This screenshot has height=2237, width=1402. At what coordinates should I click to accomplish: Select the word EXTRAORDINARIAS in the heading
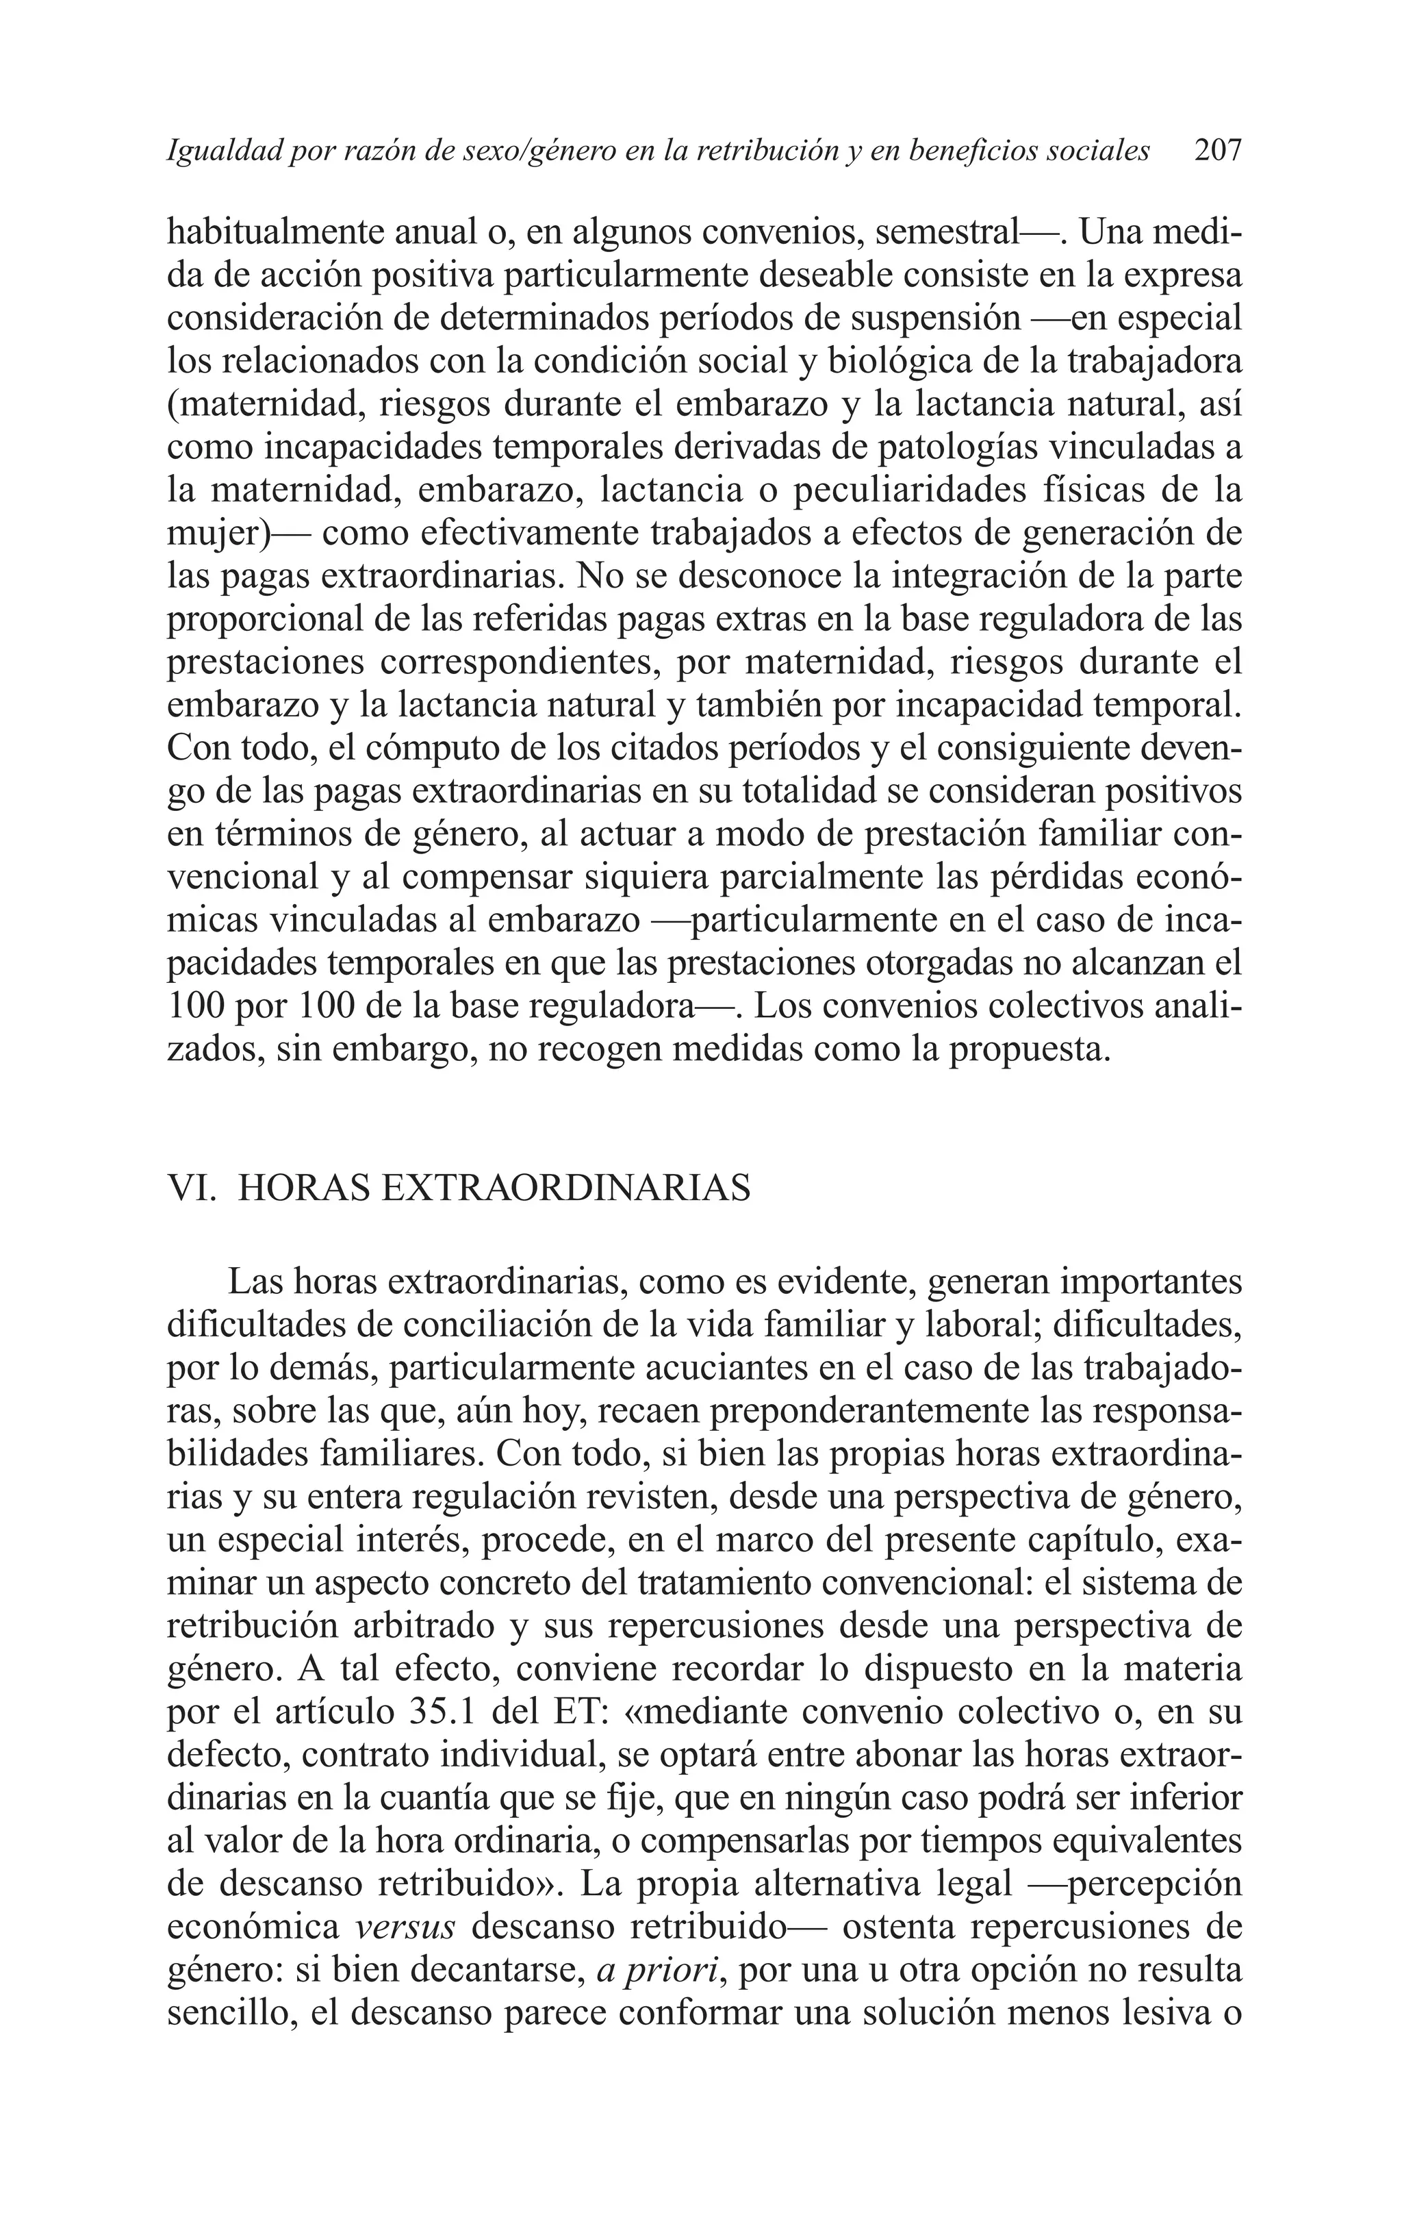pyautogui.click(x=565, y=1188)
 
